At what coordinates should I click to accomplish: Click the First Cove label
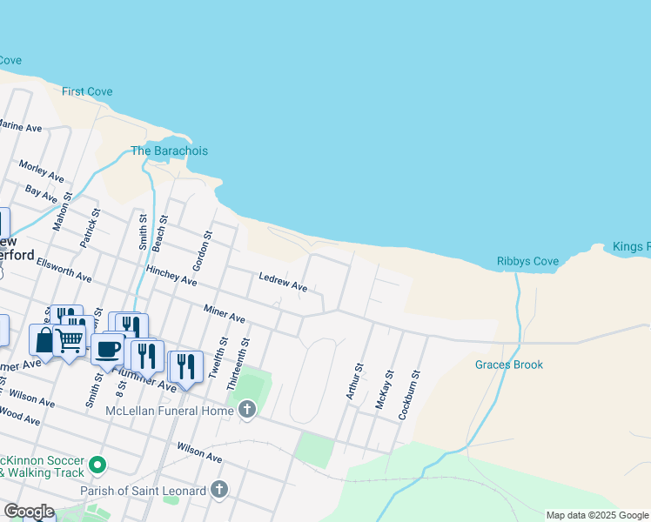coord(87,91)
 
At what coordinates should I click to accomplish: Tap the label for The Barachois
coord(169,151)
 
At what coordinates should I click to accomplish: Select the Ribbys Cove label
coord(527,261)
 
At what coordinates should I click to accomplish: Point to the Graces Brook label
coord(509,365)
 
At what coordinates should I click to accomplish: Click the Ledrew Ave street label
coord(283,282)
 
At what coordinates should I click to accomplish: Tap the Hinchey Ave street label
coord(171,275)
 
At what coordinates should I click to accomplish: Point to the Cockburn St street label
coord(409,396)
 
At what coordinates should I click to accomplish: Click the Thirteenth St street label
coord(238,364)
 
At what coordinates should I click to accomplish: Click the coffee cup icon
coord(107,349)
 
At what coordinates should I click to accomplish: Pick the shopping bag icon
coord(43,340)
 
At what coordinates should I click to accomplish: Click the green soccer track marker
coord(97,466)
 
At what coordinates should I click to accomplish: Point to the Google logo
coord(29,512)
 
